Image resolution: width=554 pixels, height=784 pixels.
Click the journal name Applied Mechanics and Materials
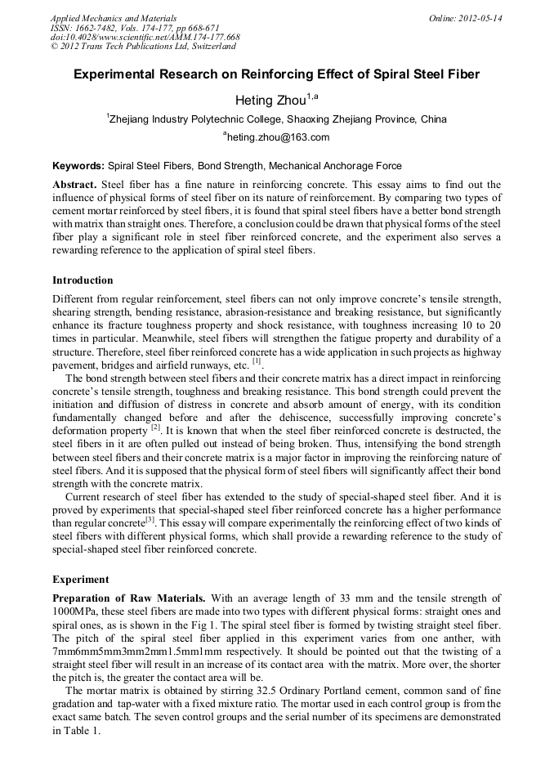coord(114,17)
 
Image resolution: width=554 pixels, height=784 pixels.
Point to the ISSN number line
coord(135,27)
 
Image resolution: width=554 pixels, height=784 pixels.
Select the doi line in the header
coord(145,37)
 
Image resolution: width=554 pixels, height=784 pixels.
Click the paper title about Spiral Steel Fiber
coord(277,74)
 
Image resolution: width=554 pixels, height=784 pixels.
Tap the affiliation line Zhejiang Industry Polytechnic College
coord(277,119)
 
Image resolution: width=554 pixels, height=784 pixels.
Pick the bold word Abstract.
coord(74,185)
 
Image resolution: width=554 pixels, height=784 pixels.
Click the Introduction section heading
coord(83,280)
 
